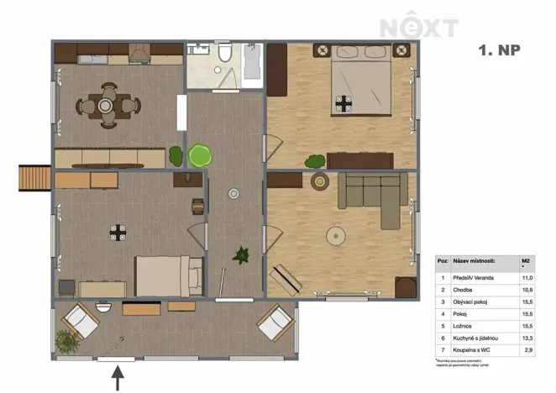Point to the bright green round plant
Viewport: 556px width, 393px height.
pyautogui.click(x=200, y=155)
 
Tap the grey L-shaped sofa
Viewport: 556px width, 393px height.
pyautogui.click(x=374, y=198)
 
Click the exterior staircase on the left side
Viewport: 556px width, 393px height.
pyautogui.click(x=34, y=178)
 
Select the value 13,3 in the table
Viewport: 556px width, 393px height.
pyautogui.click(x=527, y=334)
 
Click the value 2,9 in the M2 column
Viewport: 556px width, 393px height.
pyautogui.click(x=527, y=346)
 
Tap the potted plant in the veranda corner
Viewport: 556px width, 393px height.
pyautogui.click(x=65, y=342)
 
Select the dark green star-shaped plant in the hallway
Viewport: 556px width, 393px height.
pyautogui.click(x=243, y=254)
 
